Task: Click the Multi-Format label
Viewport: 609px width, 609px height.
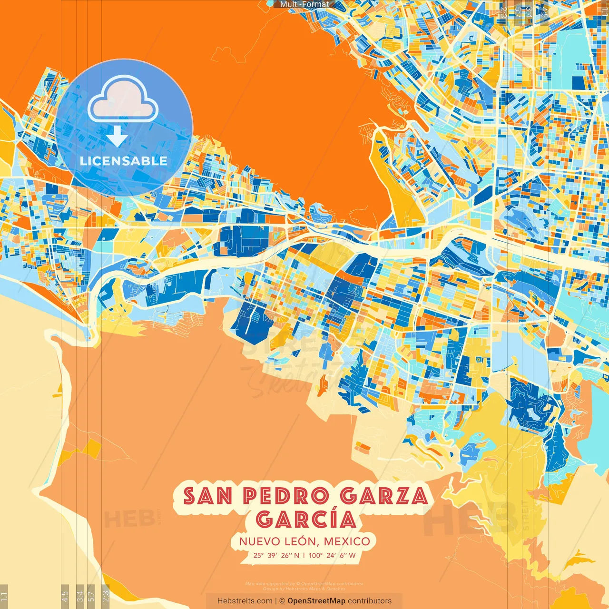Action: point(304,4)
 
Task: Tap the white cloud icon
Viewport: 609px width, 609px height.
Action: point(123,101)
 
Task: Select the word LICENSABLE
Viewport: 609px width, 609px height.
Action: point(124,161)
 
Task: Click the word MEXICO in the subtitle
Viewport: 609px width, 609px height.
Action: point(347,541)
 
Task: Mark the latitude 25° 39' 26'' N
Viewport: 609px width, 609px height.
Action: point(276,555)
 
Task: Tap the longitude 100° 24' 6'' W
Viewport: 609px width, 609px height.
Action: point(332,555)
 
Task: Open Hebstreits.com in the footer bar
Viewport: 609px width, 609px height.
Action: point(245,601)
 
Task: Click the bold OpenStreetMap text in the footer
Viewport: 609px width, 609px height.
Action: point(316,601)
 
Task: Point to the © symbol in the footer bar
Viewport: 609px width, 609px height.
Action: point(282,601)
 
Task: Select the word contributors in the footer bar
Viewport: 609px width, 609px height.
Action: point(370,601)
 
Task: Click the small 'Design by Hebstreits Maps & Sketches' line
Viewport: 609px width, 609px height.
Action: point(304,589)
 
